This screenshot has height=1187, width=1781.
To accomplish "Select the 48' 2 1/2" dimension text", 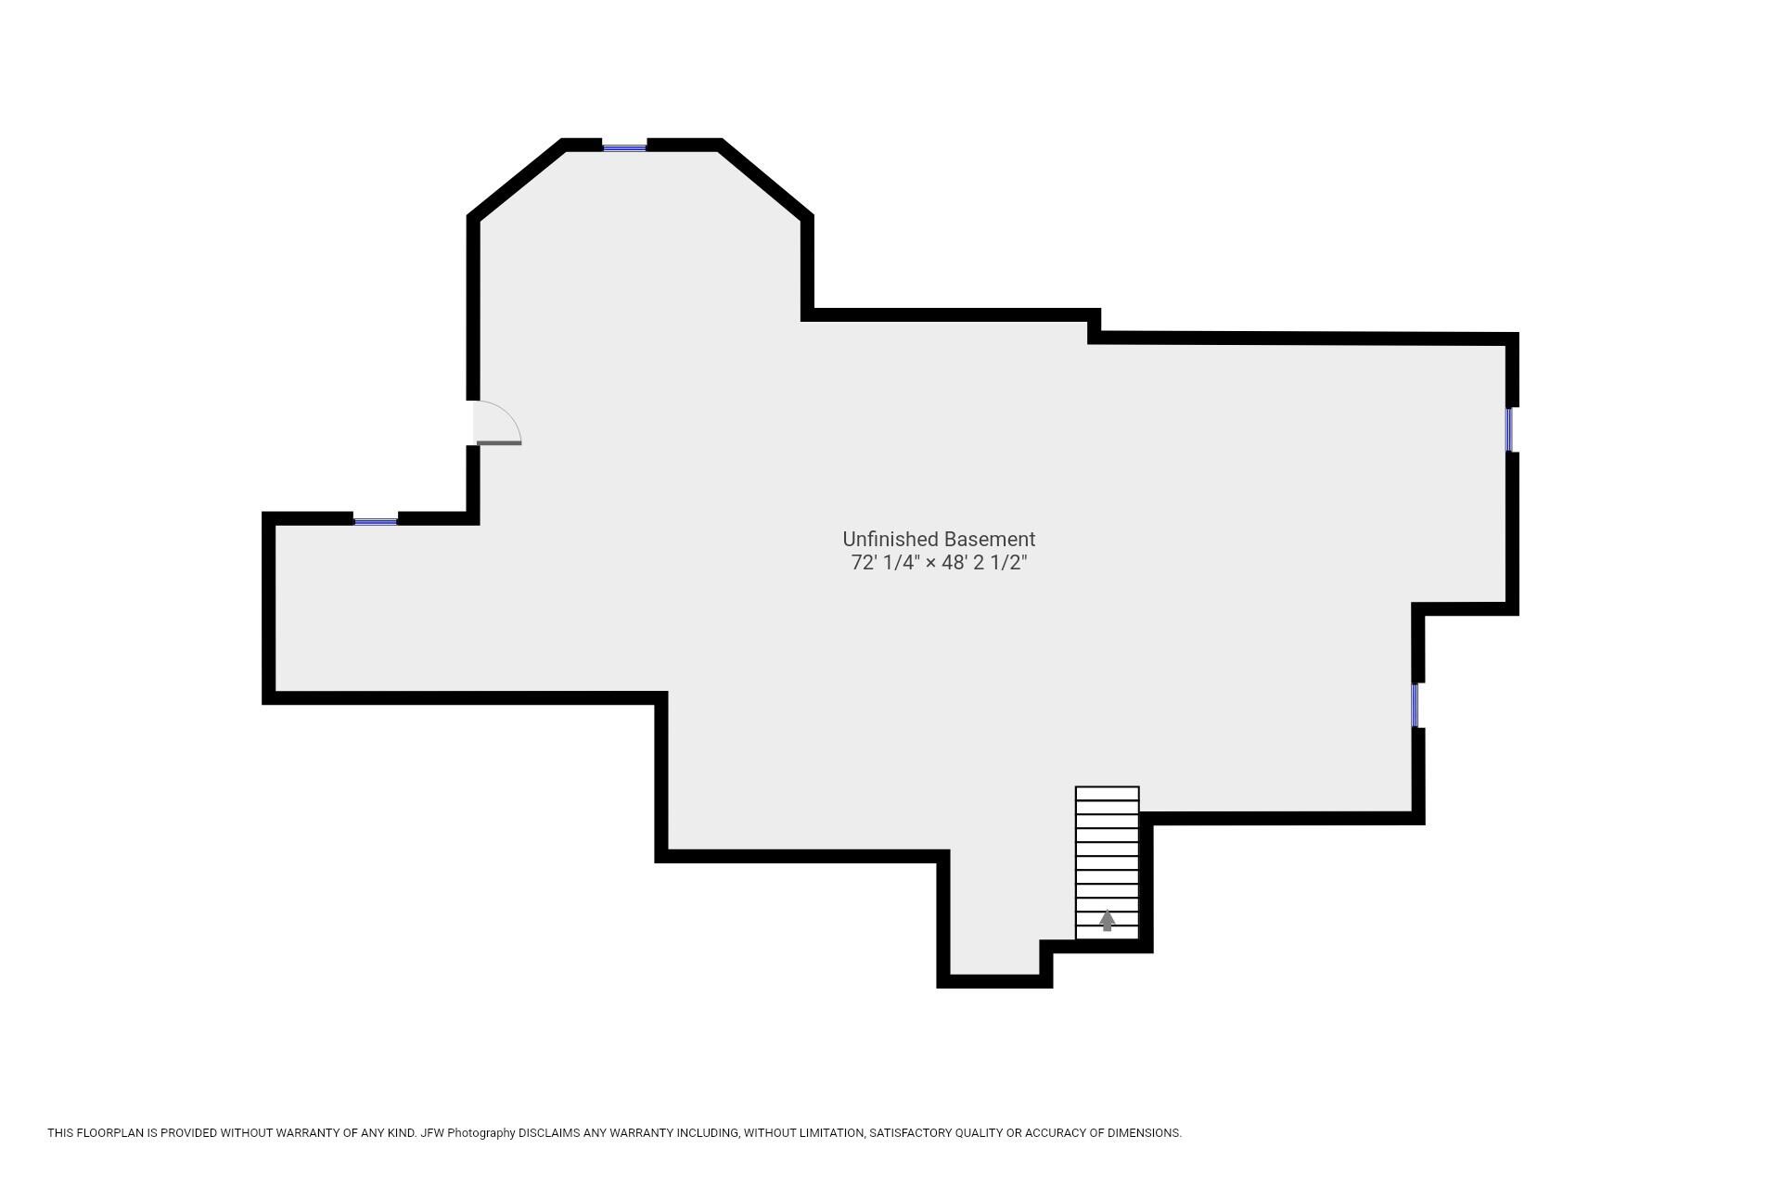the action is point(985,562).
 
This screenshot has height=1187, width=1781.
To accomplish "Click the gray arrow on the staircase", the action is point(1107,920).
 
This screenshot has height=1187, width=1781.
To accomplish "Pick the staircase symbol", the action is point(1107,862).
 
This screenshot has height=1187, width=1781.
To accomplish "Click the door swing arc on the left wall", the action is point(506,415).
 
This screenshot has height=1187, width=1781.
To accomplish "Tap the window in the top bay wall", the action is point(624,147).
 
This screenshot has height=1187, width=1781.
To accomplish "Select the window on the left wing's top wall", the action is point(376,521).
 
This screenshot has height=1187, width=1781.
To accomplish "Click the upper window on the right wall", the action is point(1509,429).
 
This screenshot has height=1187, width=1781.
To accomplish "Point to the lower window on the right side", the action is point(1416,706).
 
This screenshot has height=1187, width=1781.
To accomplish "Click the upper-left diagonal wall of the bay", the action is point(516,180).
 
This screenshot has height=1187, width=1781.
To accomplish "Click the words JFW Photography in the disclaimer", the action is point(468,1133).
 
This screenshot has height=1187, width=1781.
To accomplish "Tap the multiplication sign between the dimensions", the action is point(930,563).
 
